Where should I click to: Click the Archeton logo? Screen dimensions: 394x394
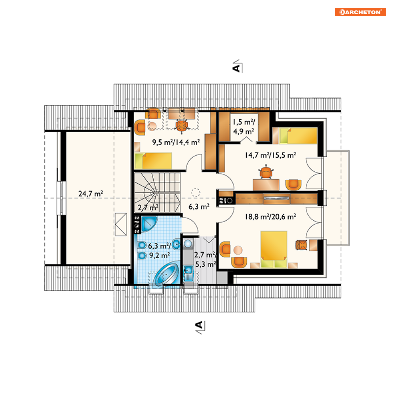(360, 12)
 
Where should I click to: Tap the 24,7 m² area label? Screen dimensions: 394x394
(91, 194)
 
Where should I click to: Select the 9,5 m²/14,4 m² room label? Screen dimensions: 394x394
(176, 143)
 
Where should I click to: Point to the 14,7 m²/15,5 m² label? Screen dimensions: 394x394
(270, 155)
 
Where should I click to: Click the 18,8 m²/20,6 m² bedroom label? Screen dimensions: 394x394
(270, 217)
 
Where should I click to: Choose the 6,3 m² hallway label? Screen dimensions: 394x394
(199, 207)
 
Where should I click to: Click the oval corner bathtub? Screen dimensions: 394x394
(166, 274)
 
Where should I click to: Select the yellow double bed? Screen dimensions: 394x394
(274, 249)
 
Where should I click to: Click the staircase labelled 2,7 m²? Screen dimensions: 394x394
(157, 192)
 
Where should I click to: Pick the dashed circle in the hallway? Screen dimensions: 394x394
(196, 192)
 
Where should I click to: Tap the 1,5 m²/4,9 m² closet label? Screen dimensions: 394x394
(244, 127)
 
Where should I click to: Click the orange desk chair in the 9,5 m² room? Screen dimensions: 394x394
(181, 125)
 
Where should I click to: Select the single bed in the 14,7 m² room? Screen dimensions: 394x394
(298, 136)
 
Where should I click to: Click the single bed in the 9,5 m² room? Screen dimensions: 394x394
(153, 160)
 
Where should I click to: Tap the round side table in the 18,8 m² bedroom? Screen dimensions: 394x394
(238, 250)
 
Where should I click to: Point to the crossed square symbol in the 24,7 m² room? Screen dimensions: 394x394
(121, 225)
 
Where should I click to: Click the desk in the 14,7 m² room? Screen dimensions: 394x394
(266, 185)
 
